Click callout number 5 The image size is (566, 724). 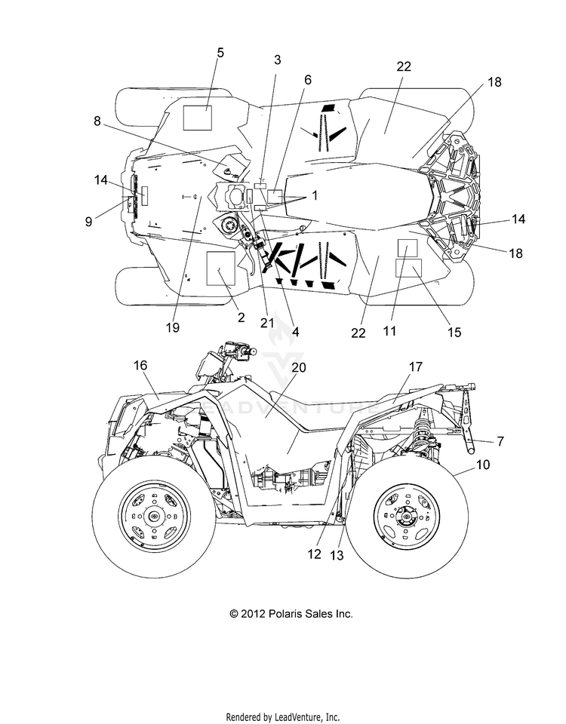(220, 53)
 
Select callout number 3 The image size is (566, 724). (277, 60)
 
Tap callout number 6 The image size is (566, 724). (308, 80)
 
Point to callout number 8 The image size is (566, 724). (97, 121)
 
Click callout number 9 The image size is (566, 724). (89, 222)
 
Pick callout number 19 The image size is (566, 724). (172, 327)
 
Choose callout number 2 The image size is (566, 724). (241, 318)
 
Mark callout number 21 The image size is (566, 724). (267, 323)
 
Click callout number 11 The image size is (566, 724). (389, 330)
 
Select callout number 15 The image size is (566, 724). (454, 332)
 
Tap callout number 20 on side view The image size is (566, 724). (299, 367)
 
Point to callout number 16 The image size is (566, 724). (140, 365)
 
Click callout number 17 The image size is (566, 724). (416, 367)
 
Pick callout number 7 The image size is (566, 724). (500, 441)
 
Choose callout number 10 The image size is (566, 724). (483, 465)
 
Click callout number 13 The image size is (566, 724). (337, 556)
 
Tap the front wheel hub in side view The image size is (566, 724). (153, 515)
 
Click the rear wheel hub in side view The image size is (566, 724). (407, 515)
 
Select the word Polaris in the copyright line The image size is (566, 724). (284, 614)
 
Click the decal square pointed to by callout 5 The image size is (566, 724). (198, 118)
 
